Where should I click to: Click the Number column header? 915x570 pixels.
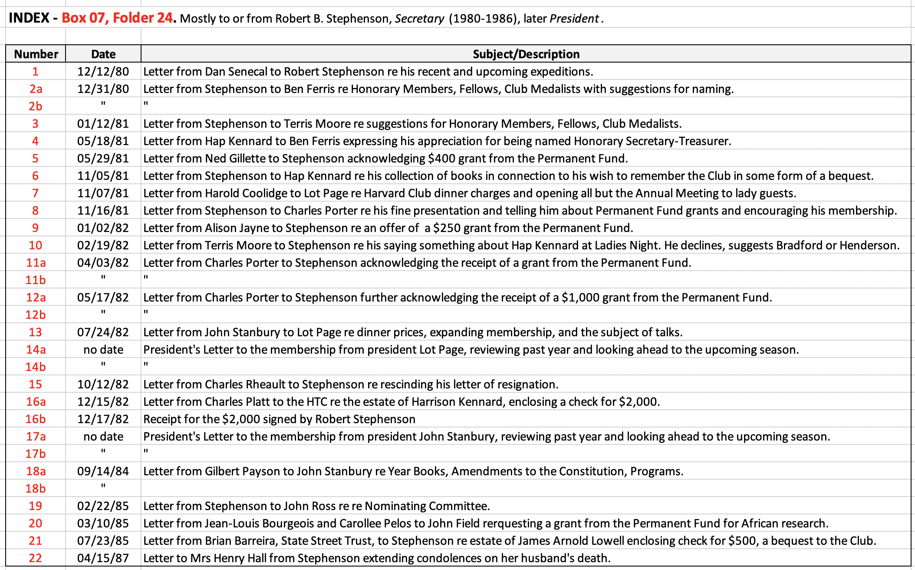(36, 54)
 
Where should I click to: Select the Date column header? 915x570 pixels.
(103, 54)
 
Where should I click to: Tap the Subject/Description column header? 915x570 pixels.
(526, 54)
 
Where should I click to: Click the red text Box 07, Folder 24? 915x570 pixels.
(117, 18)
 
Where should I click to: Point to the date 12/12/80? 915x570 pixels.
(103, 71)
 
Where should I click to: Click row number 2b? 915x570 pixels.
(36, 106)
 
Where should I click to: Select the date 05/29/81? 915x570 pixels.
(103, 158)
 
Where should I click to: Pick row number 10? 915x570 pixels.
(36, 245)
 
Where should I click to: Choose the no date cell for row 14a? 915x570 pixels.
(103, 349)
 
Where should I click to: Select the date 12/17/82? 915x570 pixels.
(103, 419)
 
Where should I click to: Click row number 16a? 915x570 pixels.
(36, 401)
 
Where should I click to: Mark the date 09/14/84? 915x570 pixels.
(103, 471)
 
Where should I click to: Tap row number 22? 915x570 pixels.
(36, 558)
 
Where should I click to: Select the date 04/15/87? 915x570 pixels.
(103, 558)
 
